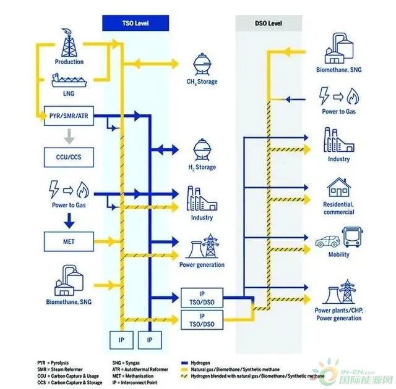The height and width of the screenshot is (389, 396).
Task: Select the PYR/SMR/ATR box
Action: [x=69, y=115]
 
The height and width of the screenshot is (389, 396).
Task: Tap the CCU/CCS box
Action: [x=69, y=157]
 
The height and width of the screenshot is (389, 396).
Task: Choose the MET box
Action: [x=69, y=239]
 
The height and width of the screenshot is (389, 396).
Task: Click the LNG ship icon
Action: [x=69, y=81]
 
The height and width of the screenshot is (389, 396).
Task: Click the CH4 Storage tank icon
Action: [x=202, y=64]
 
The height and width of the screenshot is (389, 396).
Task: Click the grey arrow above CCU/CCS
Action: [x=69, y=135]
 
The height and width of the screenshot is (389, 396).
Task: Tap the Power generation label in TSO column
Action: [x=202, y=265]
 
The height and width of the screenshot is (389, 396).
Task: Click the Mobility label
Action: [x=338, y=254]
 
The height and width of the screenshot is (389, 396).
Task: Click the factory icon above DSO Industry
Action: [x=338, y=141]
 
